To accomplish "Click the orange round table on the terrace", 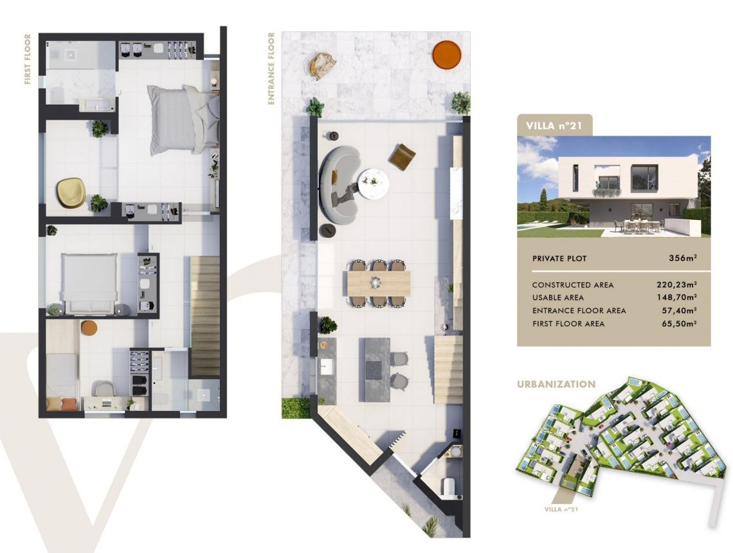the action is (446, 55).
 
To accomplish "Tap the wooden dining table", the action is (379, 284).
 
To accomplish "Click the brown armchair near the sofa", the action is (402, 157).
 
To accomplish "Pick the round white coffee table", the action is (374, 184).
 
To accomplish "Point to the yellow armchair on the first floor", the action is (71, 193).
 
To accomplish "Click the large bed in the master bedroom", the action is (184, 120).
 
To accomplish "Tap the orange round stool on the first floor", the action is (89, 328).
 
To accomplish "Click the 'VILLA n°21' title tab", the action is (554, 126).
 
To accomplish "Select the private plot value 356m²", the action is (683, 258).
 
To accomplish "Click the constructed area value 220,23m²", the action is (676, 284).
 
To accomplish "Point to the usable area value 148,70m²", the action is (677, 297).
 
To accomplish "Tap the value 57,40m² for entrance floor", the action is (680, 311).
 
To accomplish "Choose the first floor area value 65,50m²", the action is (680, 323).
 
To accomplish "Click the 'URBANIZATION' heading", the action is (556, 385).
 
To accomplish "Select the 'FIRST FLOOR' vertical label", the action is (28, 59).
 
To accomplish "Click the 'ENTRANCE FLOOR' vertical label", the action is (271, 68).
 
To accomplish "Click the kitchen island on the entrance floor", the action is (374, 369).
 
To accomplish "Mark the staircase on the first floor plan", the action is (205, 316).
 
